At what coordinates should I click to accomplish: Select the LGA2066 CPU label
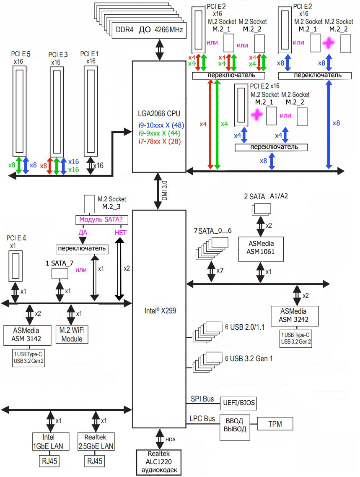pyautogui.click(x=159, y=114)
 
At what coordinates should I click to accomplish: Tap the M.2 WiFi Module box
pyautogui.click(x=72, y=335)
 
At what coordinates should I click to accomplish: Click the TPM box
pyautogui.click(x=275, y=424)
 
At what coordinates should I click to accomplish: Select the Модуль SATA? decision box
pyautogui.click(x=101, y=219)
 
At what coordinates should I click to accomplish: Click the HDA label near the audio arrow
pyautogui.click(x=171, y=439)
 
